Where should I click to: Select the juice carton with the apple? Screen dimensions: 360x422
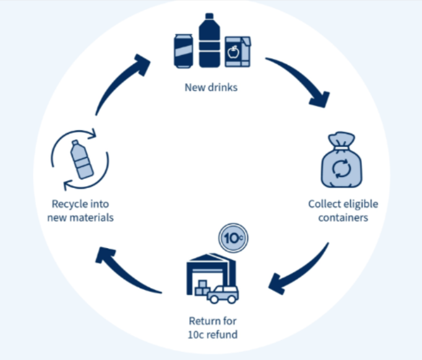pyautogui.click(x=237, y=51)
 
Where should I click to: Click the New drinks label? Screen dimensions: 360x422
pyautogui.click(x=211, y=87)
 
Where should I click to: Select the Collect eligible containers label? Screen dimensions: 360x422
pyautogui.click(x=343, y=211)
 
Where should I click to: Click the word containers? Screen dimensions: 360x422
pyautogui.click(x=343, y=218)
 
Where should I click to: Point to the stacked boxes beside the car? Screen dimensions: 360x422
pyautogui.click(x=202, y=288)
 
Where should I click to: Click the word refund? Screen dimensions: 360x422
pyautogui.click(x=225, y=335)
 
